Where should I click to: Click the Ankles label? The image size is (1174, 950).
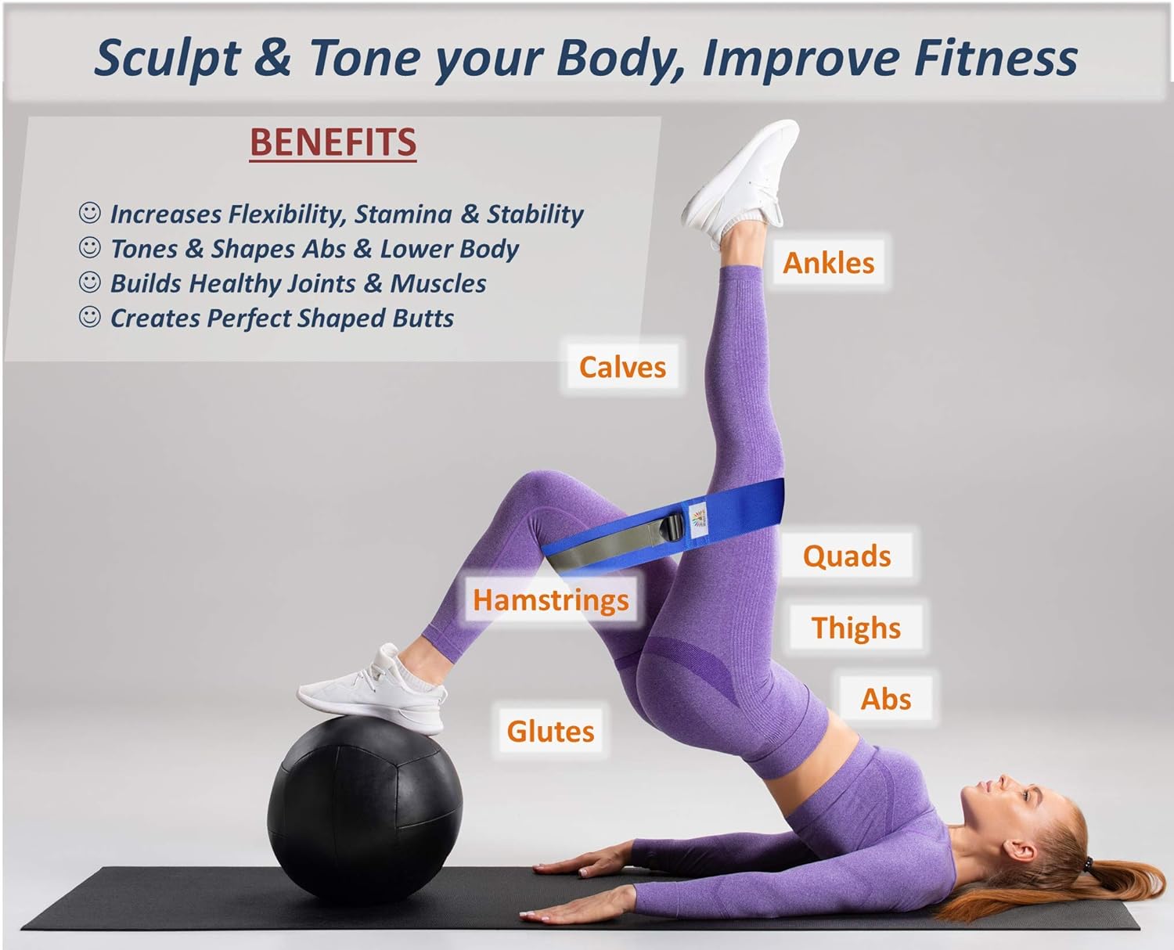coord(828,263)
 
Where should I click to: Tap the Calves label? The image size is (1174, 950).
coord(622,367)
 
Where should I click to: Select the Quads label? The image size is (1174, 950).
coord(847,556)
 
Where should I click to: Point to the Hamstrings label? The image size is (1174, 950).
coord(551,599)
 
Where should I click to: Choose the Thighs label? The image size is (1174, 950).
coord(856,628)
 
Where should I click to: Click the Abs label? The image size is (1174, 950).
coord(886,699)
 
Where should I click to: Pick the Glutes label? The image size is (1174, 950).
coord(551,731)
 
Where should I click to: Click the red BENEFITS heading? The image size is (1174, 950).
coord(333,142)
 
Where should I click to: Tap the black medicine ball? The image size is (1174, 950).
coord(365,809)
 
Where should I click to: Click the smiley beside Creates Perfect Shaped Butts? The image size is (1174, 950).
coord(90,317)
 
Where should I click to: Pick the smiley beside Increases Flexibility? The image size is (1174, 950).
coord(90,213)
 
